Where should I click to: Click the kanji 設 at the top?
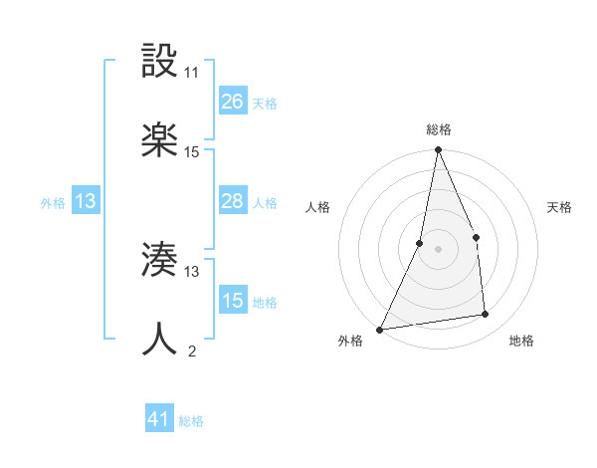coord(159,61)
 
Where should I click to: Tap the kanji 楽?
coord(159,141)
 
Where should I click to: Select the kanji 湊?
coord(159,261)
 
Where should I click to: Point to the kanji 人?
coord(159,340)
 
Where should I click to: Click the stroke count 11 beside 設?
coord(192,73)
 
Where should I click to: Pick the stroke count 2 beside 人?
coord(192,351)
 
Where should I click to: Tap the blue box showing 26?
coord(232,102)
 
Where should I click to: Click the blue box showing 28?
coord(232,201)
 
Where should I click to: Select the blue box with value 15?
coord(232,301)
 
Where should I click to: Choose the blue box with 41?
coord(159,419)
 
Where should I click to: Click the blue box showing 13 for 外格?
coord(86,201)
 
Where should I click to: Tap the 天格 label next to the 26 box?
coord(265,103)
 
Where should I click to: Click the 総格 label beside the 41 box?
coord(191,421)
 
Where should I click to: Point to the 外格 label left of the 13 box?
coord(53,202)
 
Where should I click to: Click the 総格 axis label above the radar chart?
coord(438,129)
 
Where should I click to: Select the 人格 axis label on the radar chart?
coord(317,207)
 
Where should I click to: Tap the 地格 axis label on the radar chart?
coord(521,341)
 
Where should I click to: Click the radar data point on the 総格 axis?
coord(438,151)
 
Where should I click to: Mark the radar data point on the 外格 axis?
coord(379,329)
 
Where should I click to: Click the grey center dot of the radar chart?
coord(438,249)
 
